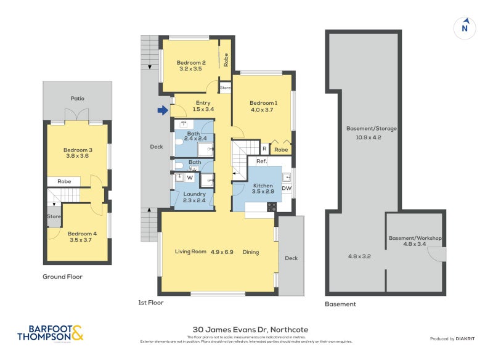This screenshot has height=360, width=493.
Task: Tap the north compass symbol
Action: point(465,28)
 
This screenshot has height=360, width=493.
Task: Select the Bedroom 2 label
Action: point(191,63)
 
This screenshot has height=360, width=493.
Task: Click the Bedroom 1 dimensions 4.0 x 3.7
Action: point(263,109)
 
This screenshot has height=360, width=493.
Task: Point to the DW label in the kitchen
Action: point(287,188)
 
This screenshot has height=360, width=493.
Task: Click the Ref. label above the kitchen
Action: point(252,162)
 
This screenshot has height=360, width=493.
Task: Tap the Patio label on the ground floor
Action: point(77,98)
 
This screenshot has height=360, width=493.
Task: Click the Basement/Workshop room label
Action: point(415,238)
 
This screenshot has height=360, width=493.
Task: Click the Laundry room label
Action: point(194,194)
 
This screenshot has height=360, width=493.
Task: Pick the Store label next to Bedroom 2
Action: point(225,87)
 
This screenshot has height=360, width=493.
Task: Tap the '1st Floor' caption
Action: point(151,303)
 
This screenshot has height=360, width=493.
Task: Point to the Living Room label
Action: point(190,252)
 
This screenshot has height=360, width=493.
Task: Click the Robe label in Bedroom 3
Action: point(63,182)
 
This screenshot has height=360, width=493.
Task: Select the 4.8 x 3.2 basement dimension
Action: point(359,256)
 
